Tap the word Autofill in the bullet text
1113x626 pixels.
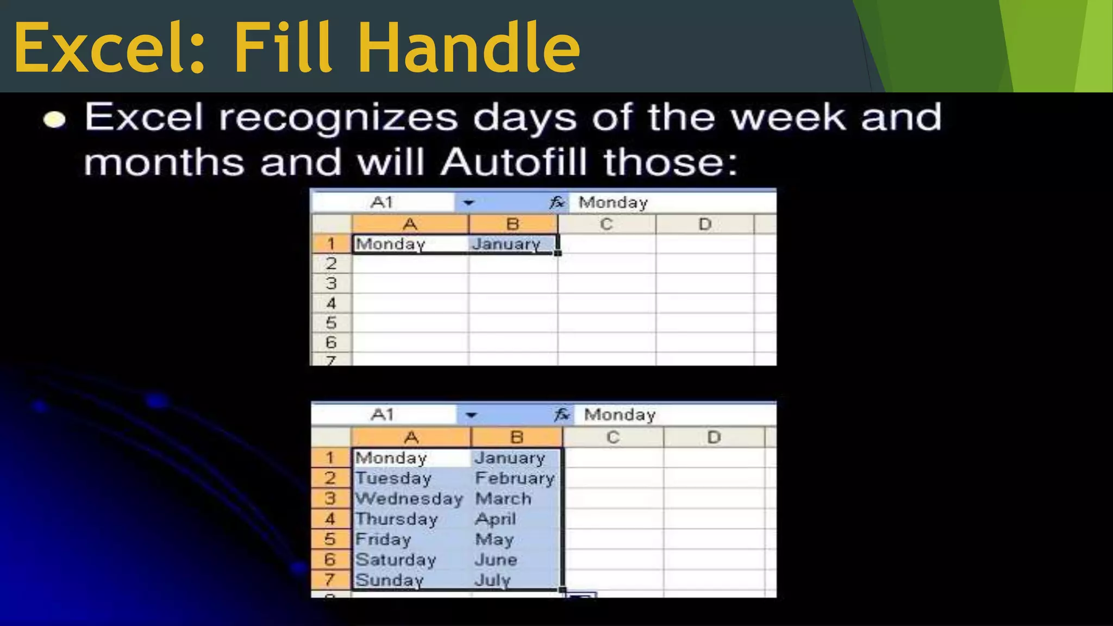tap(514, 162)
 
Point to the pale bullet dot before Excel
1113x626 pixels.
tap(54, 120)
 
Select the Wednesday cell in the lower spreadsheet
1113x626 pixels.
tap(409, 499)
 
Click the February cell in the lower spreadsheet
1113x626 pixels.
tap(515, 478)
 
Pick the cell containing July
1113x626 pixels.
tap(493, 580)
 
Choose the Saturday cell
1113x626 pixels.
tap(396, 560)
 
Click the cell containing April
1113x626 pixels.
tap(495, 519)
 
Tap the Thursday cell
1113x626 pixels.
tap(396, 519)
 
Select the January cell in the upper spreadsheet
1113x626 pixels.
tap(507, 244)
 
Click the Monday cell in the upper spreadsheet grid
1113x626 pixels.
tap(390, 244)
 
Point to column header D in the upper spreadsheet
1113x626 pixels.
tap(705, 224)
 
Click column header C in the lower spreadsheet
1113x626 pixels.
tap(613, 437)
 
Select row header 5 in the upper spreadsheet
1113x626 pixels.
tap(331, 323)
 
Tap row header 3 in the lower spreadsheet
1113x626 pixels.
tap(330, 499)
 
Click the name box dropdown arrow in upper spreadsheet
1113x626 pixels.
tap(468, 203)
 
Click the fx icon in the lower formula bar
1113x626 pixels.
tap(562, 415)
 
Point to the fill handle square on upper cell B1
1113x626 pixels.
tap(558, 253)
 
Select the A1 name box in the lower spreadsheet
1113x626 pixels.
tap(383, 415)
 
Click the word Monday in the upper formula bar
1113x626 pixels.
tap(613, 203)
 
